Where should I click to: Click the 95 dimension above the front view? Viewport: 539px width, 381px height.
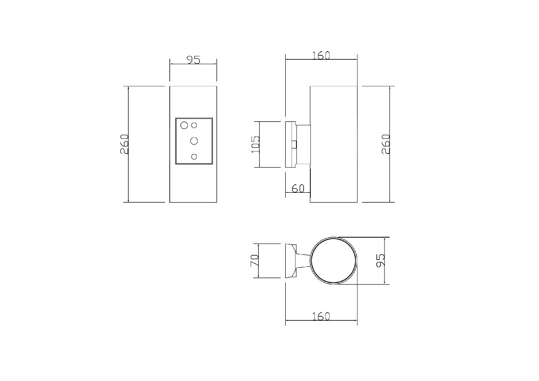[194, 60]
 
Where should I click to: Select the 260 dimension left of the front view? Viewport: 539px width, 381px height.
[124, 144]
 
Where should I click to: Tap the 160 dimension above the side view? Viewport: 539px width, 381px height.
[321, 56]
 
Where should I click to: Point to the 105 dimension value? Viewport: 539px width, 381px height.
[256, 144]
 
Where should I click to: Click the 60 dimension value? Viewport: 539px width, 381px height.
[298, 188]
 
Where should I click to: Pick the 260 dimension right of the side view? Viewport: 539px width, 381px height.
[386, 144]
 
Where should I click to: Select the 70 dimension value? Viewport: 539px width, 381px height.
[255, 261]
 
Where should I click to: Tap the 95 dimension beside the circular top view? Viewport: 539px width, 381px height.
[380, 260]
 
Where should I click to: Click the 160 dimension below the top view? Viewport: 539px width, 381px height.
[321, 316]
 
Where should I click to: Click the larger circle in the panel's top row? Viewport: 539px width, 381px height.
[184, 125]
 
